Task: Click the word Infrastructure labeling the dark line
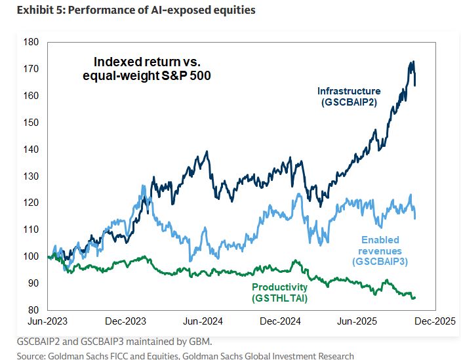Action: coord(348,90)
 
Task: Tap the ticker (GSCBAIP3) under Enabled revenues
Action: coord(380,262)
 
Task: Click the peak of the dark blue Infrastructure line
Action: coord(412,62)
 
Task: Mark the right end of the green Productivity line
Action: coord(414,298)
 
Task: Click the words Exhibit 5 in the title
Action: coord(29,10)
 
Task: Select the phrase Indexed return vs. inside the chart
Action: coord(145,62)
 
